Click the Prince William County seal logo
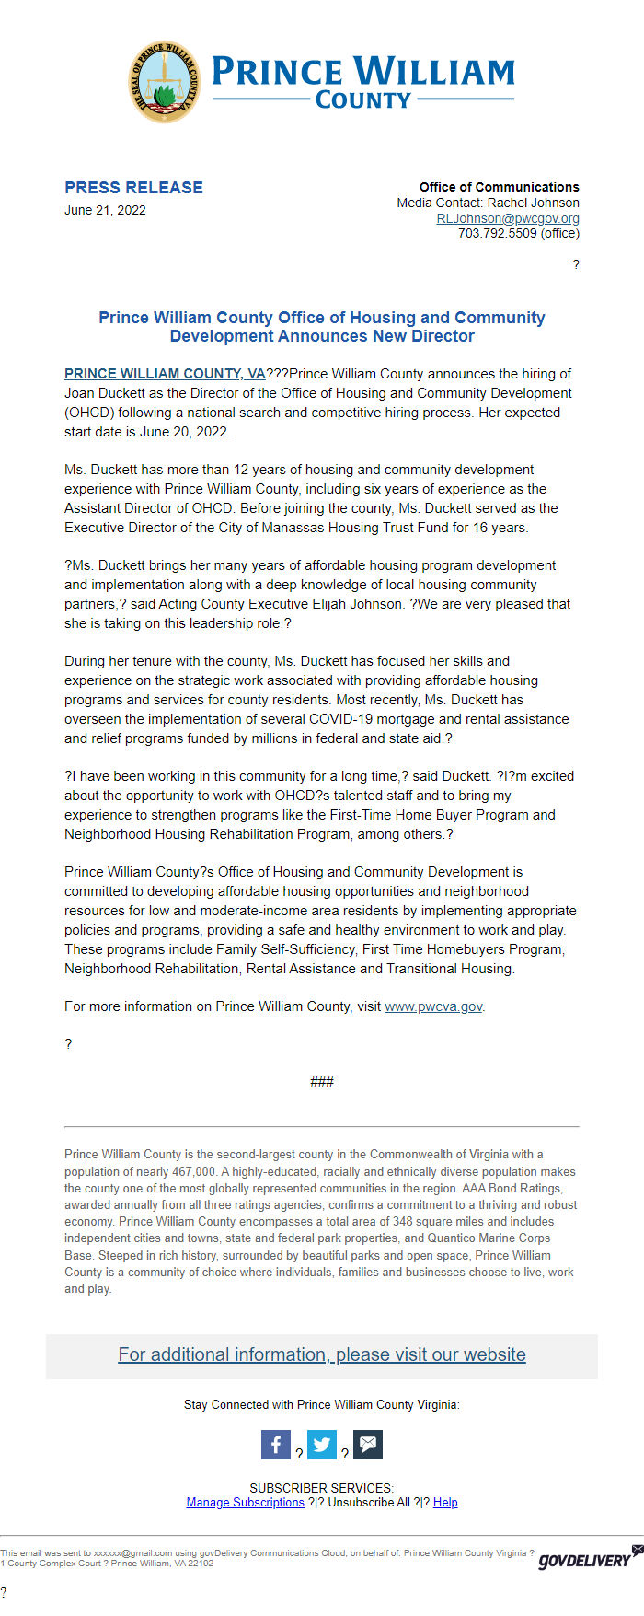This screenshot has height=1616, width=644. click(165, 82)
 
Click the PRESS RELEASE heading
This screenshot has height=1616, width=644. click(133, 188)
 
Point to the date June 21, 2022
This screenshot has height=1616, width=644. click(105, 210)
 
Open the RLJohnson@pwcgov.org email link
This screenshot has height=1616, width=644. click(508, 218)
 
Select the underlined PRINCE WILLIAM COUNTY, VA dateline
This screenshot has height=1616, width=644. click(165, 374)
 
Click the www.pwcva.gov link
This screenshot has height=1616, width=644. click(433, 1006)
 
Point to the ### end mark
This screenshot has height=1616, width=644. click(322, 1082)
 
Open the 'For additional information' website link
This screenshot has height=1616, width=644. click(322, 1354)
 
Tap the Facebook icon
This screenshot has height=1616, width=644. click(276, 1445)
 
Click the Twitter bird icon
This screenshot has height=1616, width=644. click(322, 1445)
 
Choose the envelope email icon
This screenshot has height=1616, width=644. click(368, 1445)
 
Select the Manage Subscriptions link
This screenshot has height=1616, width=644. click(245, 1503)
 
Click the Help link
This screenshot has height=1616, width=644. click(445, 1503)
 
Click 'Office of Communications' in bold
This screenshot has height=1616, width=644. click(500, 187)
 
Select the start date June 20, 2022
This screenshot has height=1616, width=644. click(183, 432)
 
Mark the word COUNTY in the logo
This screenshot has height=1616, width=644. click(363, 100)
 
